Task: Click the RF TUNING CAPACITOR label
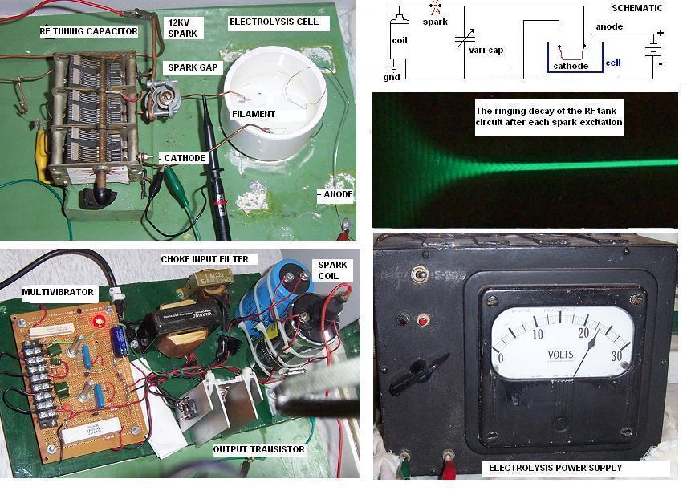[x=89, y=31]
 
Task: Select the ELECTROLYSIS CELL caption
[x=273, y=22]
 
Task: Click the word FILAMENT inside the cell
[x=253, y=114]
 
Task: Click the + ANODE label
[x=335, y=194]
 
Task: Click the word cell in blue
[x=612, y=62]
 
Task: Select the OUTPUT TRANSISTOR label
[x=258, y=449]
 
